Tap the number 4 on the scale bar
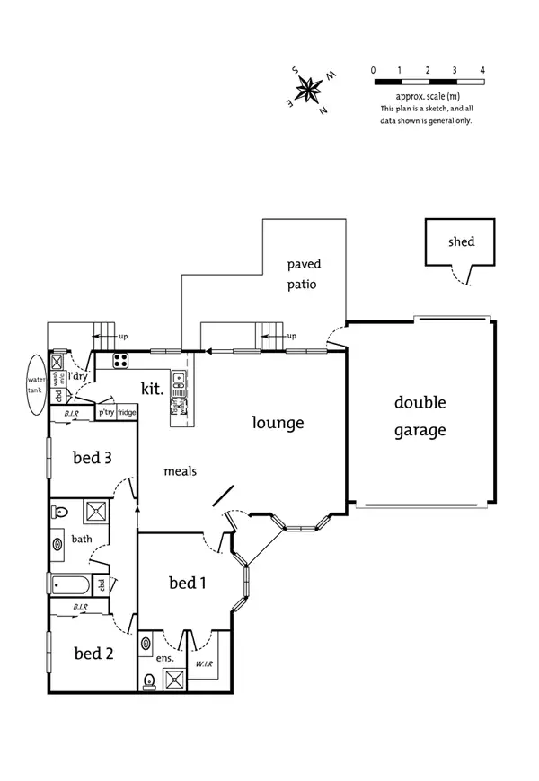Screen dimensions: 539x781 pos(483,69)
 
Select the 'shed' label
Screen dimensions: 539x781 pos(461,241)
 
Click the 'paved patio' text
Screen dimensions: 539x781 pos(304,274)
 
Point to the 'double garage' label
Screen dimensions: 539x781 pos(420,417)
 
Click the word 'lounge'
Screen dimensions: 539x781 pos(278,423)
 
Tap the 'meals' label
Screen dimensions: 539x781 pos(180,470)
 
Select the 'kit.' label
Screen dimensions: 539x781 pos(151,389)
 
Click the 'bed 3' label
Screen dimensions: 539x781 pos(92,457)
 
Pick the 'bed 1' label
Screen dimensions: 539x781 pos(188,583)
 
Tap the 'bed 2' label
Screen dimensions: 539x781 pos(93,653)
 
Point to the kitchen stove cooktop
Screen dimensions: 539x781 pos(121,361)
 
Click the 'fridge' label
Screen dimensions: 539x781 pos(127,413)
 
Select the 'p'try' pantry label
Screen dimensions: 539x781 pos(106,413)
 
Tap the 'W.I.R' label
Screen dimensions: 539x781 pos(204,665)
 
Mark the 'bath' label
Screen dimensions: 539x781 pos(82,539)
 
